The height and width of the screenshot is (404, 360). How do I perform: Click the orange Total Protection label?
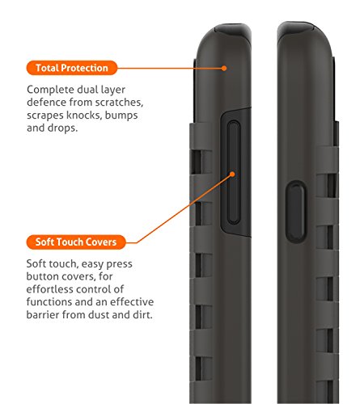click(x=72, y=68)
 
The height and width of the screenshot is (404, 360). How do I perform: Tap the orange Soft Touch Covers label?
click(x=76, y=242)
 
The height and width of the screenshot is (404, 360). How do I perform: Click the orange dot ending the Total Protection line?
click(x=224, y=68)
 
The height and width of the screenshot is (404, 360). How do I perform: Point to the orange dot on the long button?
click(x=232, y=175)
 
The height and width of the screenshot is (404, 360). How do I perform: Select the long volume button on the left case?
click(x=234, y=172)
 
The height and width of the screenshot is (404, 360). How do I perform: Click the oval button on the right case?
click(x=295, y=212)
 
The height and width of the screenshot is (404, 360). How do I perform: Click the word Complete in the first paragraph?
click(x=50, y=90)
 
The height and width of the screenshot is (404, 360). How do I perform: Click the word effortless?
click(x=49, y=289)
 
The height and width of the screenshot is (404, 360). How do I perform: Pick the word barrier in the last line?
click(x=43, y=314)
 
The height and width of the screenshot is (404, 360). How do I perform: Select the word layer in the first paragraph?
click(x=112, y=90)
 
